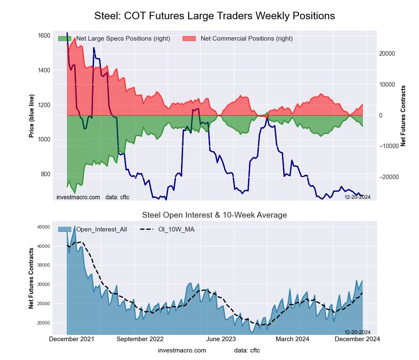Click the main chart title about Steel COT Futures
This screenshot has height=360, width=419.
click(x=215, y=16)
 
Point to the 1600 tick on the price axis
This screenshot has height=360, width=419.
click(x=44, y=36)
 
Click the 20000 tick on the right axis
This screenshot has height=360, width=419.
click(x=388, y=54)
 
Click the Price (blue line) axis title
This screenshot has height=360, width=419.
click(x=31, y=115)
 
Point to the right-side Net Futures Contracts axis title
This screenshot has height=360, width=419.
click(x=403, y=116)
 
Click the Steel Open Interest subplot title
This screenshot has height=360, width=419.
click(x=215, y=215)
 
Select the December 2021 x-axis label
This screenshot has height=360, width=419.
click(x=72, y=339)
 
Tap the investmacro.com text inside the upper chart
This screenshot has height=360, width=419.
click(x=78, y=197)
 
